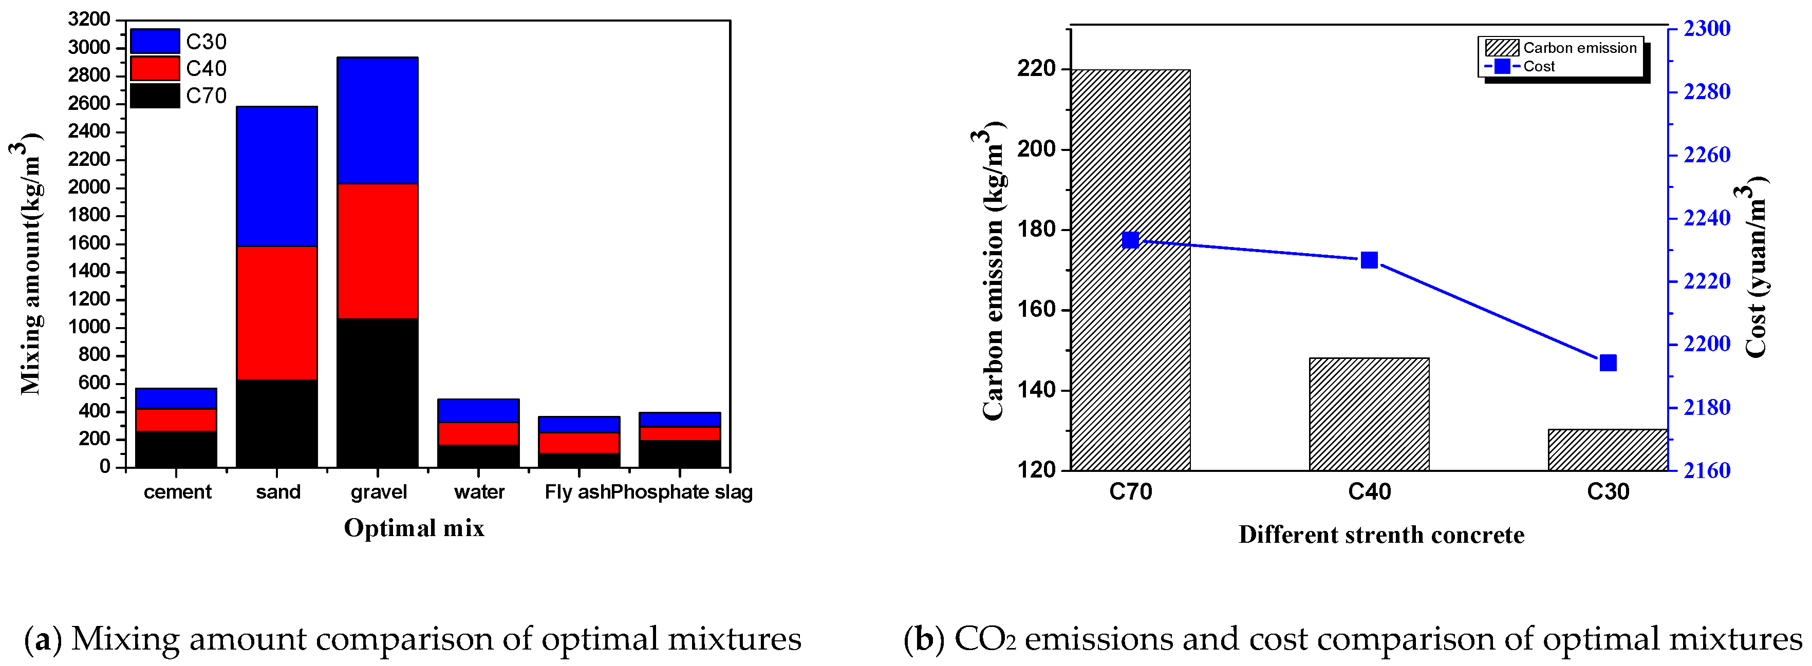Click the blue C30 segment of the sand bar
[x=276, y=176]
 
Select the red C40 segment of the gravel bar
[x=377, y=251]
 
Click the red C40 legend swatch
[x=155, y=68]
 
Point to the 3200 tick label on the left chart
[x=89, y=20]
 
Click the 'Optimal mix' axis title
[x=414, y=528]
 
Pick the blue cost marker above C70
[x=1130, y=240]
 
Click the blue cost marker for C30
[x=1608, y=363]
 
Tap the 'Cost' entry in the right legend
[x=1538, y=67]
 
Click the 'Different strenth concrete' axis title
[x=1381, y=535]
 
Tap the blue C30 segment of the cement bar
[x=176, y=398]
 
